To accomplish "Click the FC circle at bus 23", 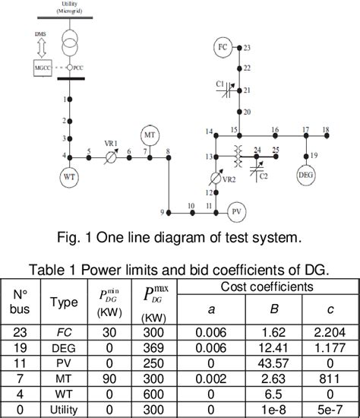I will click(x=223, y=47).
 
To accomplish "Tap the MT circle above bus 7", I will click(x=149, y=135).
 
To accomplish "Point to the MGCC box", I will click(x=42, y=68).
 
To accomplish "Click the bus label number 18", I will click(x=327, y=129).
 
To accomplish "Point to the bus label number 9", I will click(x=162, y=211).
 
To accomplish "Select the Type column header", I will click(x=63, y=302).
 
